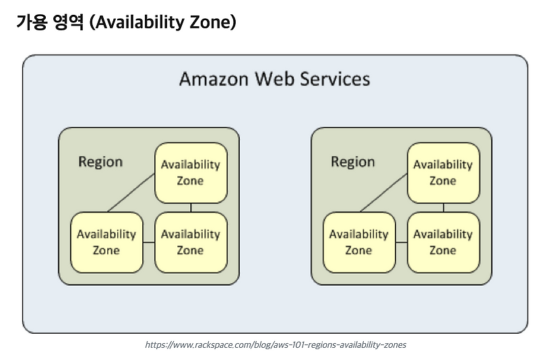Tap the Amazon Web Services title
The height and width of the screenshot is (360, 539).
pos(274,79)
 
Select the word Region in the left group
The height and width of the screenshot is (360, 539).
pos(100,162)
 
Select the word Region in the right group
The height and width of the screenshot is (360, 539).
pos(352,162)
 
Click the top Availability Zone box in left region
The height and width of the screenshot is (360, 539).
pos(190,173)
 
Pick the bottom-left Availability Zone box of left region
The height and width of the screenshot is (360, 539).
pos(106,242)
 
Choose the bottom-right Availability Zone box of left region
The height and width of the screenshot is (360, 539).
pos(190,242)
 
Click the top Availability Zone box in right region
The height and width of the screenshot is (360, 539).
pos(443,173)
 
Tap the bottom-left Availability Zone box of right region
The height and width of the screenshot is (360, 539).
pos(358,242)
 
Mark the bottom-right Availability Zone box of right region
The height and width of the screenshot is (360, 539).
pos(443,242)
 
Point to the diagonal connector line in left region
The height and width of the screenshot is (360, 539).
pos(131,191)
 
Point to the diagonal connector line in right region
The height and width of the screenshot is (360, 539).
pos(383,191)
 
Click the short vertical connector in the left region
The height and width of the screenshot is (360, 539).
pos(191,208)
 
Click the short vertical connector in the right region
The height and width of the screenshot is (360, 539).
pos(443,208)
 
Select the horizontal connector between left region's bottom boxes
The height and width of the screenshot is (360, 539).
pos(149,242)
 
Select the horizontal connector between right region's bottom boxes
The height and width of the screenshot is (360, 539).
pos(401,242)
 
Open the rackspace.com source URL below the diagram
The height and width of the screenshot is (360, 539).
pos(276,344)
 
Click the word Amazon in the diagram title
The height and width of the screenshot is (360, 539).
pos(214,79)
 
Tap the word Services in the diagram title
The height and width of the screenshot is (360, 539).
pos(336,79)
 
